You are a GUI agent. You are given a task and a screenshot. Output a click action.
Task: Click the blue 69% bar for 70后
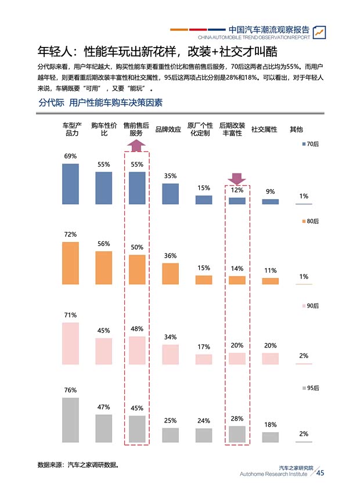coord(70,184)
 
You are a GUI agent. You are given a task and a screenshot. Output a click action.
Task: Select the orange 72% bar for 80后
coord(70,263)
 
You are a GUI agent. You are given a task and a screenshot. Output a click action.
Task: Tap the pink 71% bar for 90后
coord(70,344)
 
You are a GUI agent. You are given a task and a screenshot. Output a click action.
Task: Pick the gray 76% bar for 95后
coord(70,420)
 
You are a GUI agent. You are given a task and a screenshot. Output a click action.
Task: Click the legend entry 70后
coord(310,143)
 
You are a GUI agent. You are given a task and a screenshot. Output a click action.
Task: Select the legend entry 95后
coord(310,388)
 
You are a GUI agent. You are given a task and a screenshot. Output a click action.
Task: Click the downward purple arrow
coord(237,178)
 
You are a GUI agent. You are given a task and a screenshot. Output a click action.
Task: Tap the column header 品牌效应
coord(168,129)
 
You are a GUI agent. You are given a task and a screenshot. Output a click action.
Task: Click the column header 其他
coord(296,129)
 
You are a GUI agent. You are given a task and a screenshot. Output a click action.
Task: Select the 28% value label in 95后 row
coord(237,418)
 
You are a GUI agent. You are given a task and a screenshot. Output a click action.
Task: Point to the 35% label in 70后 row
coord(170,176)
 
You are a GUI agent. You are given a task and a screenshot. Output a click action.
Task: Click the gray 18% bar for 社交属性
coord(270,438)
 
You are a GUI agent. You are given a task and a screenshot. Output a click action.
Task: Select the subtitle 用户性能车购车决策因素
coord(116,103)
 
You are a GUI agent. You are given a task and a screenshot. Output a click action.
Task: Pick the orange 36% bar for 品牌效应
coord(170,273)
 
